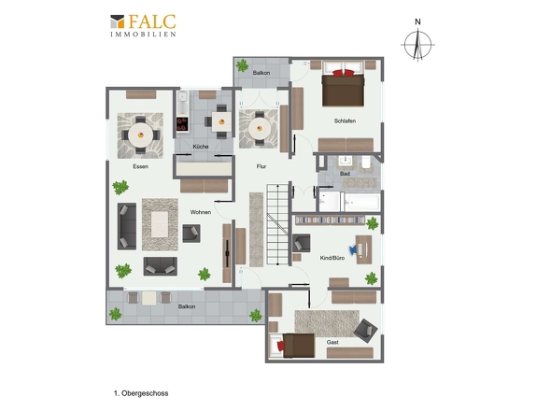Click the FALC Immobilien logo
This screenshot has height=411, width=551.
[x=143, y=25]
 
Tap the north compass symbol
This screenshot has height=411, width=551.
[x=417, y=41]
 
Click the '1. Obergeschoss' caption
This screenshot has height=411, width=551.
[x=141, y=393]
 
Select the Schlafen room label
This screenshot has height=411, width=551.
[x=345, y=120]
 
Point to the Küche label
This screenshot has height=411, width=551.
[x=201, y=147]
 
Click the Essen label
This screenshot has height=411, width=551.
[x=141, y=166]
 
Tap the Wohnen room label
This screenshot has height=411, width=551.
[x=201, y=212]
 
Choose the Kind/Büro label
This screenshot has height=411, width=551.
[x=332, y=258]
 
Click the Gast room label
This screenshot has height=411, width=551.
[x=332, y=342]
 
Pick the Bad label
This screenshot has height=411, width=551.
[x=345, y=174]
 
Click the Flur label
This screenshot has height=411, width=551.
[x=261, y=166]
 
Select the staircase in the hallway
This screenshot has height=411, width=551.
[x=277, y=224]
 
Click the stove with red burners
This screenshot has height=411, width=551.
[x=182, y=124]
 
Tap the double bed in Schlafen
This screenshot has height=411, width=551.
[x=343, y=84]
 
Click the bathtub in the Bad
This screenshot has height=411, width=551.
[x=362, y=202]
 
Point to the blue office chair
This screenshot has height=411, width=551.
[x=352, y=249]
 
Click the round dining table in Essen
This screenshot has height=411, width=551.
[x=141, y=135]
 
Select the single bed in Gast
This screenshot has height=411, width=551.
[x=292, y=346]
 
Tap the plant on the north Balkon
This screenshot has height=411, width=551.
[x=242, y=65]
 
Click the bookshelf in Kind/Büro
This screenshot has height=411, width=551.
[x=330, y=220]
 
